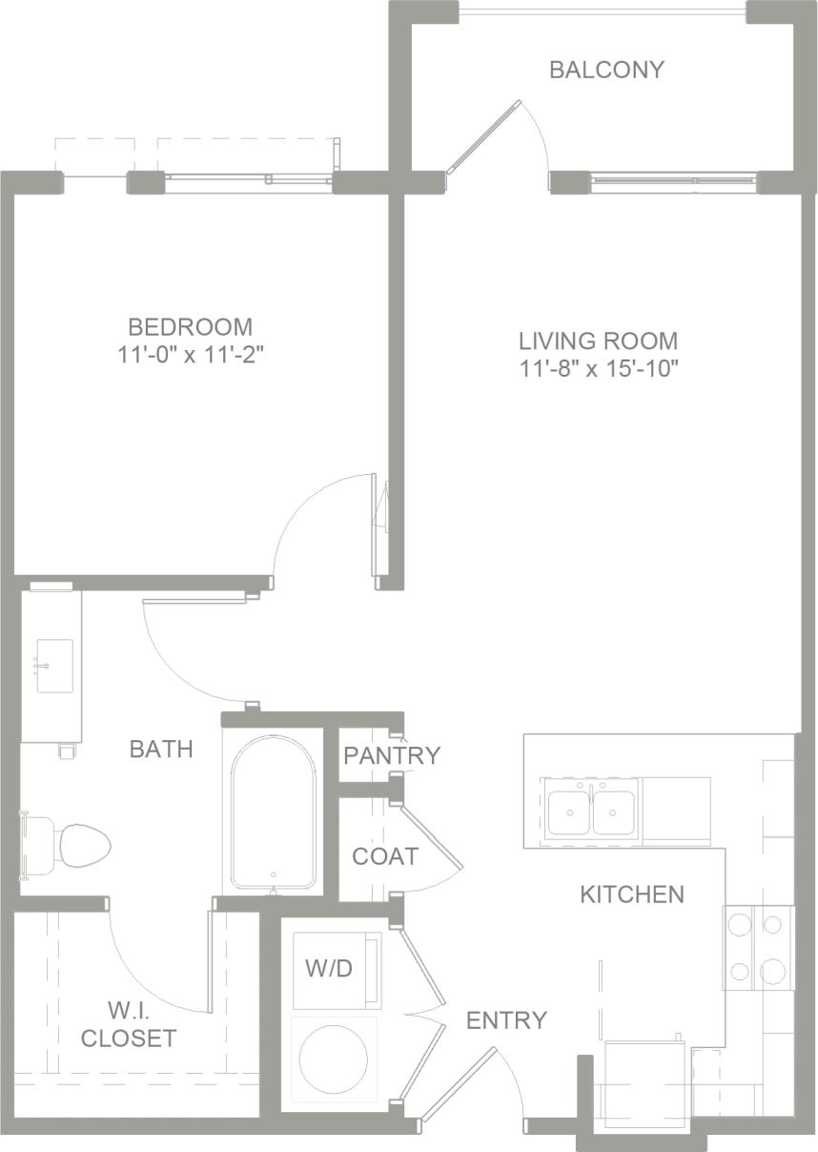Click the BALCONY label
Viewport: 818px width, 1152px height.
click(x=606, y=70)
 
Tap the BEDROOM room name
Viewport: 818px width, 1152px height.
click(x=191, y=327)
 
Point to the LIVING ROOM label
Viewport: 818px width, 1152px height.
click(x=598, y=340)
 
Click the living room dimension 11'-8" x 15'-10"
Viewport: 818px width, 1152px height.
click(x=598, y=369)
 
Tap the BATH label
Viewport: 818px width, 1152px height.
click(x=161, y=750)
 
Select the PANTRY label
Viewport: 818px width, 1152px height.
click(x=392, y=756)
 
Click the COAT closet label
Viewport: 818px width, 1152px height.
click(x=385, y=856)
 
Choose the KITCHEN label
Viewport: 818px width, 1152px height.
click(x=632, y=895)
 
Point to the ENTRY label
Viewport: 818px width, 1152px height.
click(x=506, y=1020)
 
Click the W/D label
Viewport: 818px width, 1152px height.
click(x=329, y=970)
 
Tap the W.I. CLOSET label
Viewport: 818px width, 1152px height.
click(x=129, y=1023)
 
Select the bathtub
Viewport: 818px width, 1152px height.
click(x=274, y=812)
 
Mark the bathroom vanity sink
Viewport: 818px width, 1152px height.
click(x=53, y=666)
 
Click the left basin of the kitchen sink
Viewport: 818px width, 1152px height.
click(x=569, y=811)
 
